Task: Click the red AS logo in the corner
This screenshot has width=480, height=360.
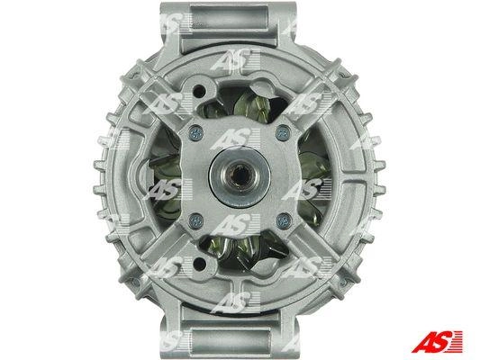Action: (x=437, y=341)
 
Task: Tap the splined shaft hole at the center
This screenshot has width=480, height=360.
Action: (x=240, y=176)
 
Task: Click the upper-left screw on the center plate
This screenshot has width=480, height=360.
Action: (x=196, y=132)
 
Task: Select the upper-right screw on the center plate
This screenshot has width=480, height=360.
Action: (x=283, y=132)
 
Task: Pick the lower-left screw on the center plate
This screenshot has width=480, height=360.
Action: (x=196, y=220)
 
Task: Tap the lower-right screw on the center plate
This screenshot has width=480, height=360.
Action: (x=284, y=220)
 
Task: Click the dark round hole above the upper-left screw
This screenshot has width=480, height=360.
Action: (x=200, y=89)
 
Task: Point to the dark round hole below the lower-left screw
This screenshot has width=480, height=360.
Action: (x=200, y=263)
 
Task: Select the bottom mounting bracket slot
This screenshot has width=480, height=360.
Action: (x=228, y=339)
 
